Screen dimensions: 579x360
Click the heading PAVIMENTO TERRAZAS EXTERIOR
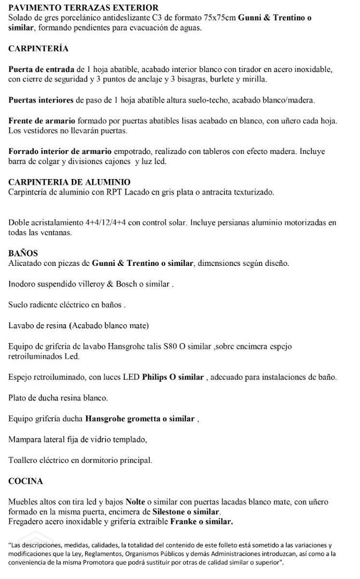coord(84,8)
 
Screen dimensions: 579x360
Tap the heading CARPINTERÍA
coord(39,48)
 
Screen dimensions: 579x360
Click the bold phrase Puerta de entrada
coord(42,70)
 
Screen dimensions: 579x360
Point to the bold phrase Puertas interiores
coord(42,100)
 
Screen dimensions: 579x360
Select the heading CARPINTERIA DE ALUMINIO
coord(70,182)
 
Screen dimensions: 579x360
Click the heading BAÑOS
coord(22,253)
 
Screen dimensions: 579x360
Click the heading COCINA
coord(26,481)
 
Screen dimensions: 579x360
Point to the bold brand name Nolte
coord(136,502)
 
